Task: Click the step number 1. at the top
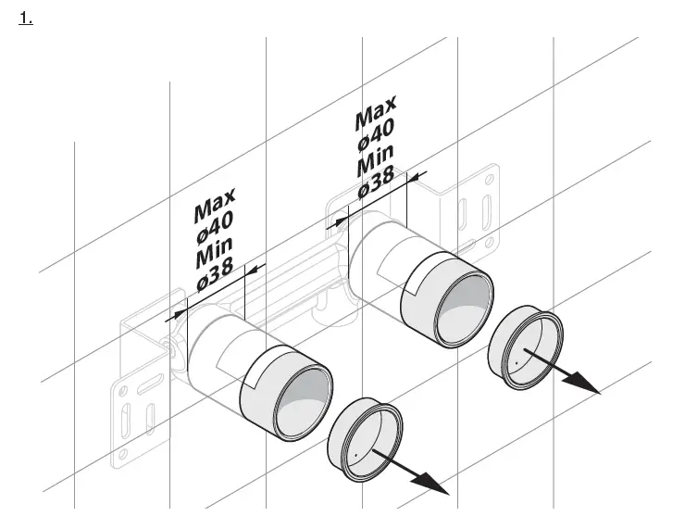(25, 19)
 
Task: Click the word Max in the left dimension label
(215, 206)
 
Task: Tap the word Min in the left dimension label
(217, 253)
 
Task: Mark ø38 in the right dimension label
(378, 183)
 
